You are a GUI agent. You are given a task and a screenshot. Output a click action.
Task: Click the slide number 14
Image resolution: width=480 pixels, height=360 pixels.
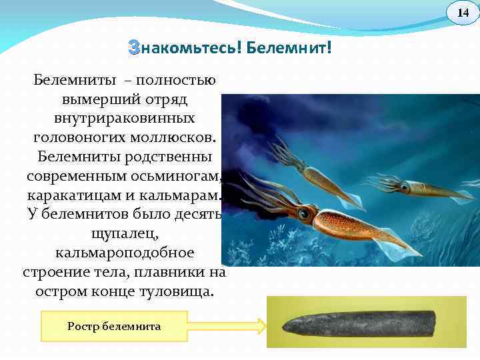(x=463, y=13)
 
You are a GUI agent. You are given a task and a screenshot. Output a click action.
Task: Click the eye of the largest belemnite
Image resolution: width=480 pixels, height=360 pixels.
(x=305, y=214)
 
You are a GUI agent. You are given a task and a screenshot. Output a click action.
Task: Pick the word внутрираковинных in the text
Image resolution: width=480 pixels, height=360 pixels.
(x=125, y=118)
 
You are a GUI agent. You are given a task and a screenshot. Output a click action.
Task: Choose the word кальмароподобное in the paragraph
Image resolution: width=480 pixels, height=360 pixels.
(x=125, y=253)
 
